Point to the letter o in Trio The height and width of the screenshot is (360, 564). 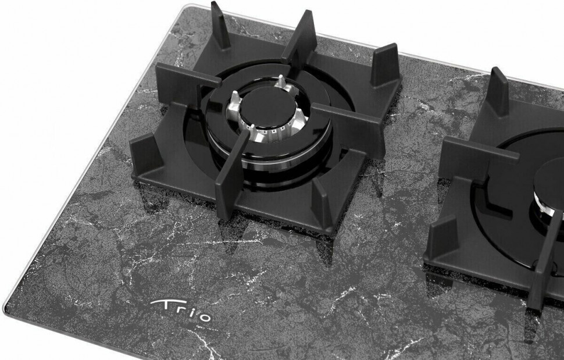point(205,317)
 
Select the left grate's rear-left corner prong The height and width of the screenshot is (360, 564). point(220,25)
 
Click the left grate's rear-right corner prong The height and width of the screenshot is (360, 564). point(386,65)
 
